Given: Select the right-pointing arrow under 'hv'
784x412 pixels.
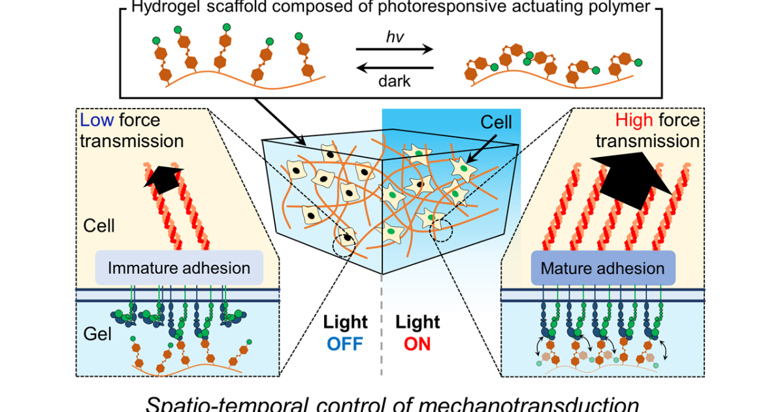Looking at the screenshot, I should coord(395,50).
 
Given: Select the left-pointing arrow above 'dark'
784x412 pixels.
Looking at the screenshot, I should coord(395,66).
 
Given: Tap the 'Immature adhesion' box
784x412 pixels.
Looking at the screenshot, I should coord(179,267).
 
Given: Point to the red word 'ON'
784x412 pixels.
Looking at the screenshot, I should coord(417,343).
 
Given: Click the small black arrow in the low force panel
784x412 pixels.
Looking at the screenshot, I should coord(161,175).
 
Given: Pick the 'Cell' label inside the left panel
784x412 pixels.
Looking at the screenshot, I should coord(99,226).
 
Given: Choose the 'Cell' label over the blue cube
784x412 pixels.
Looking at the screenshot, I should coord(497,122).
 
